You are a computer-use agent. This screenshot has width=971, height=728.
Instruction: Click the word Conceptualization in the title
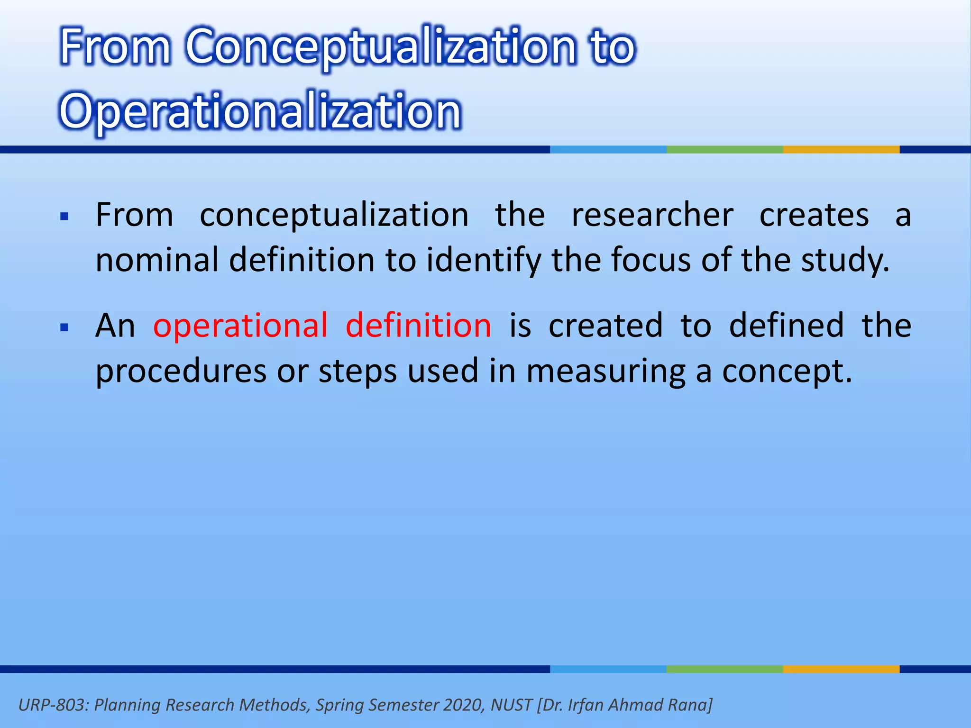(381, 47)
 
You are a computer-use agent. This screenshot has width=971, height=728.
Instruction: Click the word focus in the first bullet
(650, 260)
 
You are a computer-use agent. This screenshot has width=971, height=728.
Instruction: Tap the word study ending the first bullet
(844, 260)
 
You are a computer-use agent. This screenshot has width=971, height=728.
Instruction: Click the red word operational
(240, 326)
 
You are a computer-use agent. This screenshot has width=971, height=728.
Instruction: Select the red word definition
(418, 326)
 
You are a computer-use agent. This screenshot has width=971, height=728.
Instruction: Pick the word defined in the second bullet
(786, 326)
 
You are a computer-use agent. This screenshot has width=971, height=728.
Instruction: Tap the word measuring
(605, 371)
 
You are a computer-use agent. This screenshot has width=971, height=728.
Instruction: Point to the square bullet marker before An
(65, 328)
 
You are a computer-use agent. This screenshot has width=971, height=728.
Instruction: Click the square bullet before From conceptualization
(65, 218)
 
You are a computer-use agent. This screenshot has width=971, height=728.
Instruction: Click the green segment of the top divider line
(724, 150)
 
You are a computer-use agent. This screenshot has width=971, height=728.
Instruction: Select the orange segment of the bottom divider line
(841, 669)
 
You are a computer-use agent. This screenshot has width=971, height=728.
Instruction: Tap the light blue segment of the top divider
(608, 150)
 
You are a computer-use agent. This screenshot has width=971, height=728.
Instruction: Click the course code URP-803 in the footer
(53, 705)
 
